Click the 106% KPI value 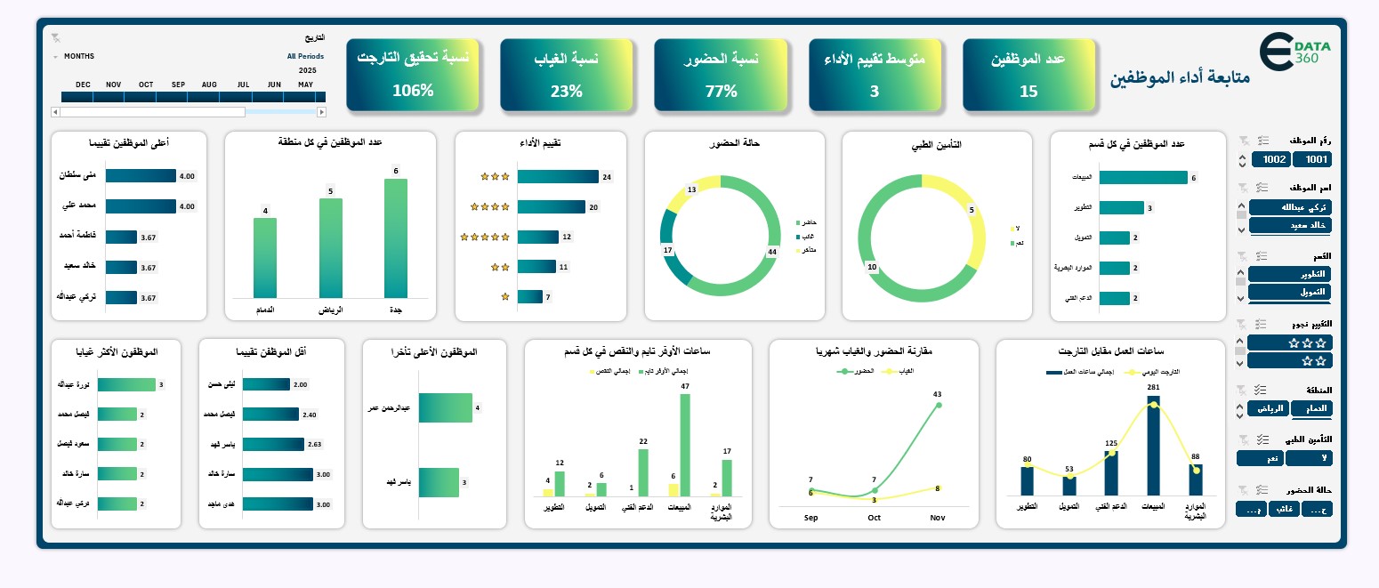[x=412, y=90]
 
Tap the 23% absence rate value [x=566, y=90]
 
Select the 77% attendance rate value [x=721, y=90]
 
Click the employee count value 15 [x=1028, y=91]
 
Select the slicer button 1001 [x=1311, y=159]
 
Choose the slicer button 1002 [x=1270, y=159]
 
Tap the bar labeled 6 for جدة [x=396, y=238]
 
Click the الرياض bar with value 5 [x=330, y=247]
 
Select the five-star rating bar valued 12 [x=537, y=237]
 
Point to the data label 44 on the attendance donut [x=771, y=252]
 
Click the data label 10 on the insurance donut [x=872, y=267]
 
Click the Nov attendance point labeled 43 [x=938, y=406]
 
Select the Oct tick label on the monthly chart [x=874, y=518]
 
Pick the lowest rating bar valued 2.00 [x=265, y=384]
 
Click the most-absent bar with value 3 [x=126, y=384]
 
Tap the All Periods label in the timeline [x=305, y=56]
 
